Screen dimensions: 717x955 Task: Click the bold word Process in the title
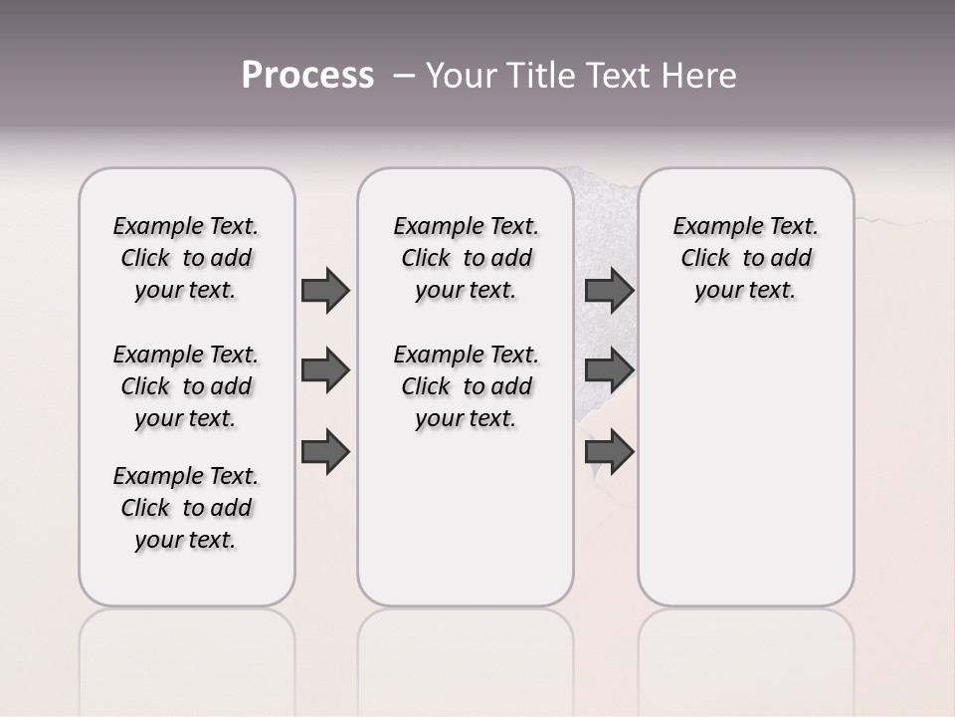coord(307,76)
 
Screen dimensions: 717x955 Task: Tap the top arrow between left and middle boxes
coord(325,290)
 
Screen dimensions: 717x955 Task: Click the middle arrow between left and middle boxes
coord(325,370)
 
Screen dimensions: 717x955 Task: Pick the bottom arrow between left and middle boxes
coord(325,452)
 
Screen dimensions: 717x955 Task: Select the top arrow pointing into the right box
coord(609,290)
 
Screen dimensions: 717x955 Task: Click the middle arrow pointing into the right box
coord(609,370)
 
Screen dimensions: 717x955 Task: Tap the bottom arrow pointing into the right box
coord(609,452)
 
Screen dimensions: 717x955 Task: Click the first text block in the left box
coord(186,258)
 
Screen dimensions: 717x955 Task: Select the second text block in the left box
coord(186,386)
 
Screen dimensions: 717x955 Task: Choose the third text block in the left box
coord(186,508)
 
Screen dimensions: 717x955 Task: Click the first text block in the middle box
coord(466,258)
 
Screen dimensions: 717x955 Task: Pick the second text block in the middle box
coord(466,386)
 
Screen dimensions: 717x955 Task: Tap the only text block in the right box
coord(745,258)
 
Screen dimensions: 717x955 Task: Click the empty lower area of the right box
coord(745,468)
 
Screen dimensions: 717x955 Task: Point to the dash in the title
coord(404,76)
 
